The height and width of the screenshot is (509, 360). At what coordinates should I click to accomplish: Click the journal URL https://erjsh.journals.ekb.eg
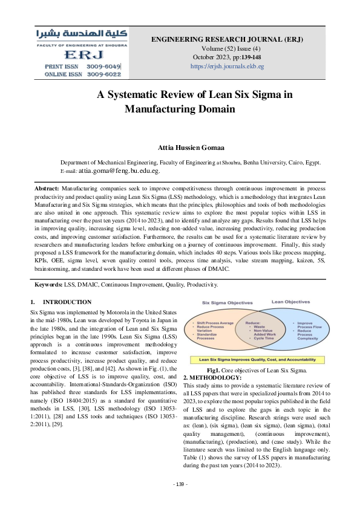(x=227, y=66)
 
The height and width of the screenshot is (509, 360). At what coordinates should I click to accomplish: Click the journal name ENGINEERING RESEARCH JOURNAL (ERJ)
(x=227, y=39)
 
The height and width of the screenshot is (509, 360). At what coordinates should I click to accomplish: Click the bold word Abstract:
(x=46, y=189)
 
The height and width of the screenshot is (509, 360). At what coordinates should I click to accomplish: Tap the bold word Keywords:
(x=48, y=284)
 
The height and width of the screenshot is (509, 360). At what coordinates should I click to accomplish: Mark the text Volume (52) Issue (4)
(x=227, y=48)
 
